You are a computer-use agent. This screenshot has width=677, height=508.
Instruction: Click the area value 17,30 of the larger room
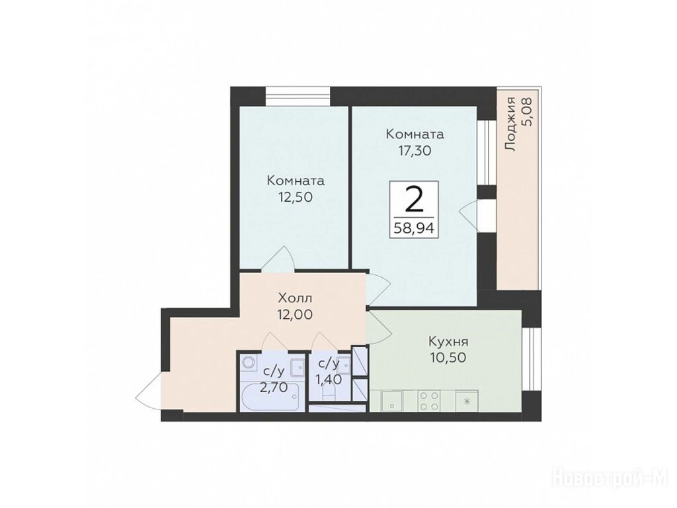(x=415, y=151)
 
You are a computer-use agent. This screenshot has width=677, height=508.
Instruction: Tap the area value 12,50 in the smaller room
(x=296, y=197)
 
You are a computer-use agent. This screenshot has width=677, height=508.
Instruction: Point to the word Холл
(x=296, y=298)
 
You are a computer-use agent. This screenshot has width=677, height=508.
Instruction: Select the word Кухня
(x=448, y=342)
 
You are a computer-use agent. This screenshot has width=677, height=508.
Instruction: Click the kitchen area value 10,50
(x=448, y=358)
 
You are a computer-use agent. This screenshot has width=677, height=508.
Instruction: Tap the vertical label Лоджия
(x=511, y=124)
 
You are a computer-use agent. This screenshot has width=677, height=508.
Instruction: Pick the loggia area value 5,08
(x=527, y=111)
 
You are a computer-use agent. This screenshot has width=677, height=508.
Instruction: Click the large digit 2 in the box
(x=414, y=200)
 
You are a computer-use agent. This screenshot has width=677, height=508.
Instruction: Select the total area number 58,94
(x=414, y=228)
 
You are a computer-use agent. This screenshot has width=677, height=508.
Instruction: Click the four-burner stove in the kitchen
(x=429, y=400)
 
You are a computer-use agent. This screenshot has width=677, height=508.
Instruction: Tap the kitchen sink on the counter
(x=391, y=401)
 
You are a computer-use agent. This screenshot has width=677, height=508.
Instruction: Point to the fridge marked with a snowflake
(x=467, y=400)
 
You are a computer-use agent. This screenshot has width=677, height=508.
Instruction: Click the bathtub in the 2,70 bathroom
(x=269, y=396)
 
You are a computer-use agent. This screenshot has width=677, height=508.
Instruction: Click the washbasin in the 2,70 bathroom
(x=297, y=366)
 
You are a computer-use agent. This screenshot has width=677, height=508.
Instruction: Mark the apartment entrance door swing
(x=149, y=391)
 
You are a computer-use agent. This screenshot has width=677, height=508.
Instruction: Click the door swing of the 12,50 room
(x=278, y=259)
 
